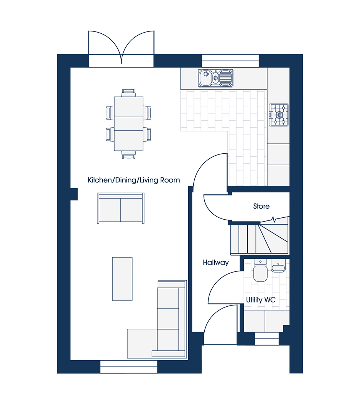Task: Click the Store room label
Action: (x=261, y=206)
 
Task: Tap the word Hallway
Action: (x=216, y=263)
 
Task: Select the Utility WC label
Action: (x=261, y=300)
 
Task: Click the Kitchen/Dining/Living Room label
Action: (x=134, y=180)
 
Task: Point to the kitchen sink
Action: (x=215, y=78)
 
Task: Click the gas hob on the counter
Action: (x=279, y=115)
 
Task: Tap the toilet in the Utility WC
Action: (x=260, y=270)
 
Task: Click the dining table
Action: (x=129, y=123)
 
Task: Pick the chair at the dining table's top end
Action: (x=129, y=93)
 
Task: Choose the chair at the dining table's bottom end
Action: (x=129, y=155)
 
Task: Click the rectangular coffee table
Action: (x=122, y=279)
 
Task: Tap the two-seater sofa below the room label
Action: (x=121, y=208)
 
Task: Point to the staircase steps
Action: (x=259, y=239)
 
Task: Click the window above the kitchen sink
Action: (x=230, y=61)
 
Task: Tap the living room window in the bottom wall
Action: (x=129, y=367)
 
